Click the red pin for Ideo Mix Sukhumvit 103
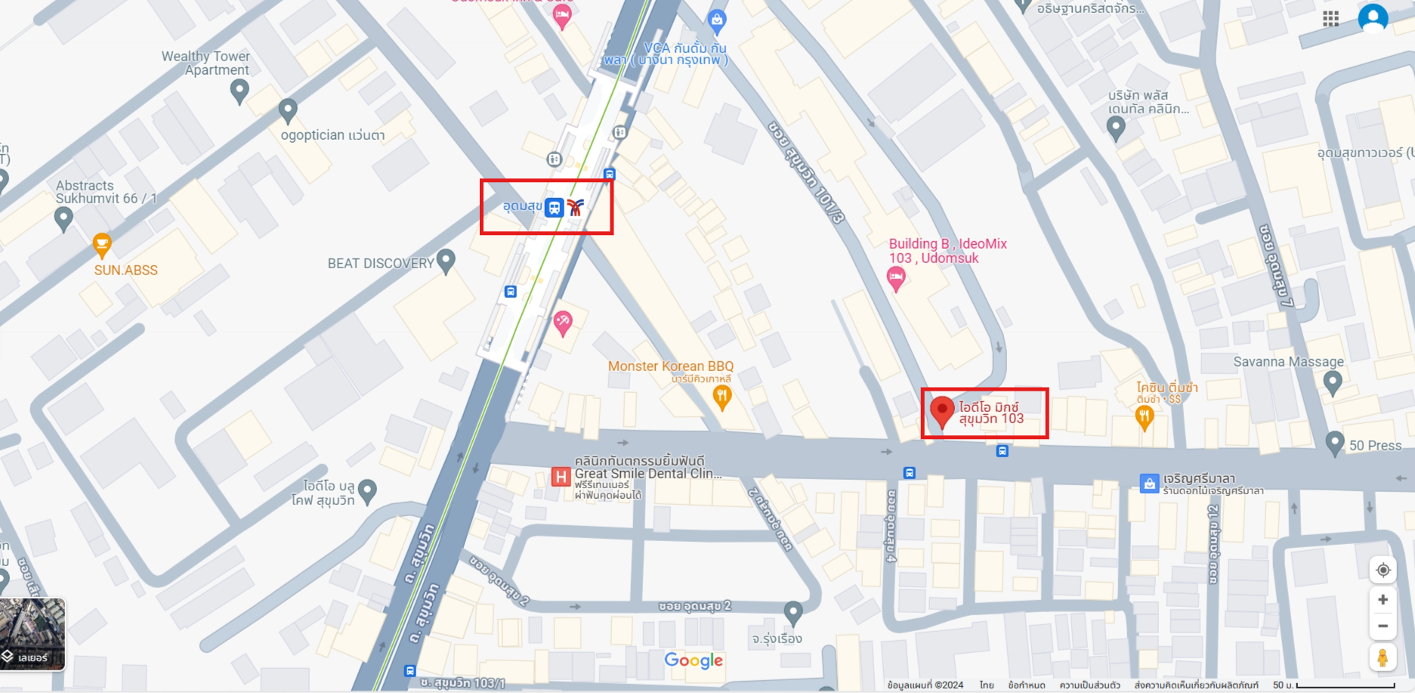941,411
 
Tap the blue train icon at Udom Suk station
555,207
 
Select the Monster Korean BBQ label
670,367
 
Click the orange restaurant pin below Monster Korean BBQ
722,396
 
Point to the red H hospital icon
561,477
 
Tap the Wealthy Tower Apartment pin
239,91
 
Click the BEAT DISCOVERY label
380,264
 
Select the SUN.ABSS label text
126,271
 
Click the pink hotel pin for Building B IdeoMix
896,279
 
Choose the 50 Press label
1375,446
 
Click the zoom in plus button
1383,599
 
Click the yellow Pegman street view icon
1383,657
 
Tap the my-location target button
1383,570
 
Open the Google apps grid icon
1331,19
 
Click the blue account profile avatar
1373,18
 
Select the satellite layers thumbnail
32,633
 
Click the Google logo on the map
694,661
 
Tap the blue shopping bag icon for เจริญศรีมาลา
1149,484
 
